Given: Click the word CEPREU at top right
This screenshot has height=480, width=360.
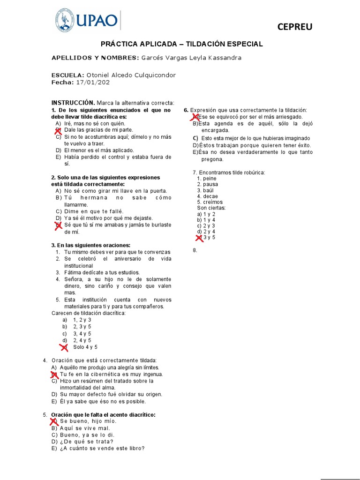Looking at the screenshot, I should pos(294,27).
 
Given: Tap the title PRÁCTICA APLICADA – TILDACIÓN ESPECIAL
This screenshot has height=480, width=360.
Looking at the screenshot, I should pos(182,44).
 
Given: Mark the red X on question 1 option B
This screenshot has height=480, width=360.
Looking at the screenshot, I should pos(58,130).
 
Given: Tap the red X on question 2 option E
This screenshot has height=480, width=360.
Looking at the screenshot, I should pos(58,225).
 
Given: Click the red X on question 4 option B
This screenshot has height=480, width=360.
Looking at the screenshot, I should pos(54,375).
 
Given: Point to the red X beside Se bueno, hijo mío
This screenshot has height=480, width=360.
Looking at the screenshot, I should pos(54,421).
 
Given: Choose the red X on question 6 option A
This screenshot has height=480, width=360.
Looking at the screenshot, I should pos(195,117).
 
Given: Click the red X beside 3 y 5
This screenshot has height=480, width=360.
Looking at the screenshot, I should pos(200,238).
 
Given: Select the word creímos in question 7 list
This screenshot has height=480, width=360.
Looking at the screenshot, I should pos(210,202).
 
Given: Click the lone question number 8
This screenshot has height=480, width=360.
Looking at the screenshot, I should pos(195,250).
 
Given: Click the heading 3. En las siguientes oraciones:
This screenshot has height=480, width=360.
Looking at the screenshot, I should pos(90,245).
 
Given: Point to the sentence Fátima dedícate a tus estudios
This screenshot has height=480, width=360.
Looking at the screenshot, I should pos(102,272).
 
